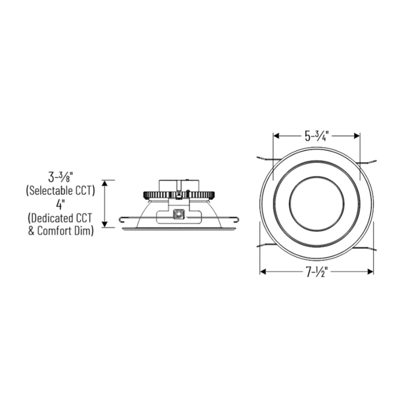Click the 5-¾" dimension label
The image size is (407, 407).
point(317,137)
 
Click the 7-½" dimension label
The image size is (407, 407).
point(317,272)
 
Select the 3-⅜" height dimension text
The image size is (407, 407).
point(65,175)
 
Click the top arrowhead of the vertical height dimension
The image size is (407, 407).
point(105,183)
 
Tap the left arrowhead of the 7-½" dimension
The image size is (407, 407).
point(263,272)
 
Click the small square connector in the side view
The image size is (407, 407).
point(179,213)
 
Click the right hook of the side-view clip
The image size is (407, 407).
point(237,219)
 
